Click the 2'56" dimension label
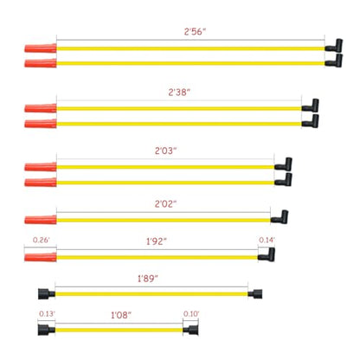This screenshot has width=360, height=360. pyautogui.click(x=195, y=31)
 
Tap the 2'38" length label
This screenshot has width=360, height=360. pyautogui.click(x=179, y=93)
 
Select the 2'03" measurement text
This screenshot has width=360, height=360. pyautogui.click(x=165, y=151)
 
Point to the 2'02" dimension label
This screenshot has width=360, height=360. pyautogui.click(x=165, y=204)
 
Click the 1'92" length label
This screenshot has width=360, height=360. pyautogui.click(x=157, y=241)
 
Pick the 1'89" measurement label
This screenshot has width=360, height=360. pyautogui.click(x=148, y=279)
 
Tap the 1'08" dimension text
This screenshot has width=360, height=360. pyautogui.click(x=121, y=315)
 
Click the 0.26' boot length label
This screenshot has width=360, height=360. pyautogui.click(x=41, y=240)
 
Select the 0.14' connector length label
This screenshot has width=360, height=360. pyautogui.click(x=267, y=240)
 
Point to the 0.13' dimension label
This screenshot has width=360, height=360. pyautogui.click(x=47, y=313)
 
